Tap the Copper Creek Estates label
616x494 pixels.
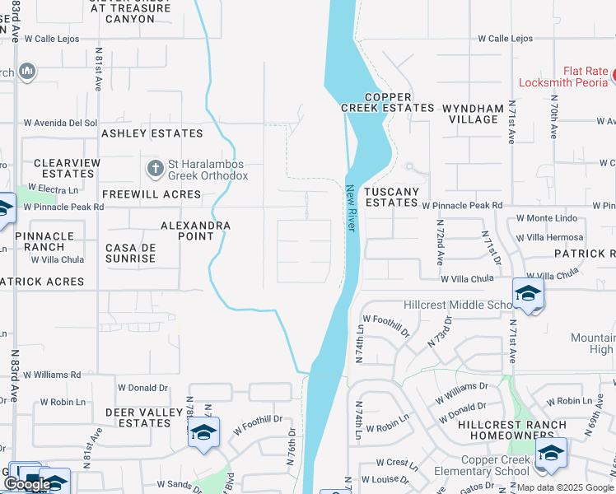pos(388,102)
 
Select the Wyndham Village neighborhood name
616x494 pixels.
pos(474,114)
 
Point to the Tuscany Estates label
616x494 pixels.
pos(392,197)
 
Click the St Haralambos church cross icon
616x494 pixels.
pos(154,169)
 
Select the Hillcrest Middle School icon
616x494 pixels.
pos(527,293)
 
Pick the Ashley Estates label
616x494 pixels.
pos(152,133)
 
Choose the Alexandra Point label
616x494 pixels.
pos(195,231)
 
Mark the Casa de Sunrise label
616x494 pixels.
pos(131,253)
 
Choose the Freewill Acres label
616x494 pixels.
pos(152,194)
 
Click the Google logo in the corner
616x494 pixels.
pos(27,484)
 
